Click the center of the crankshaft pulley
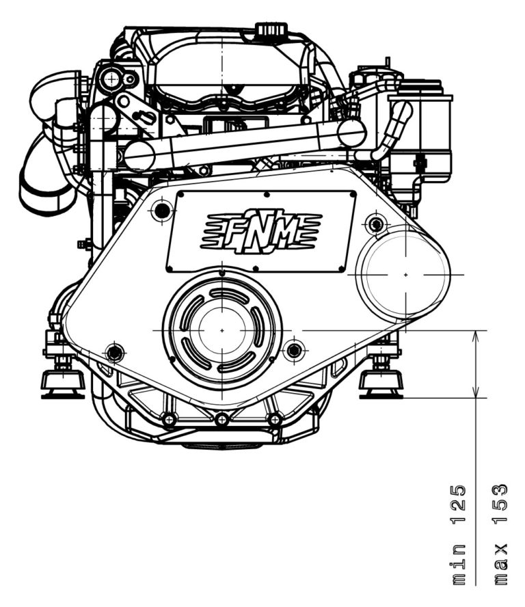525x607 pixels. (x=221, y=330)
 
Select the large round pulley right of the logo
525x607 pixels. (x=405, y=274)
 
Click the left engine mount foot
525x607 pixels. (x=62, y=381)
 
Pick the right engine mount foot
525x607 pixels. (x=381, y=381)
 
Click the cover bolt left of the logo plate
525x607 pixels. (x=162, y=211)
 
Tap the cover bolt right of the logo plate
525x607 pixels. (x=375, y=223)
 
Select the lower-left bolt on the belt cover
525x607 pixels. (x=115, y=353)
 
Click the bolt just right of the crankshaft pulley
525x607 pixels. (x=294, y=351)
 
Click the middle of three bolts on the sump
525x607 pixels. (x=221, y=418)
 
